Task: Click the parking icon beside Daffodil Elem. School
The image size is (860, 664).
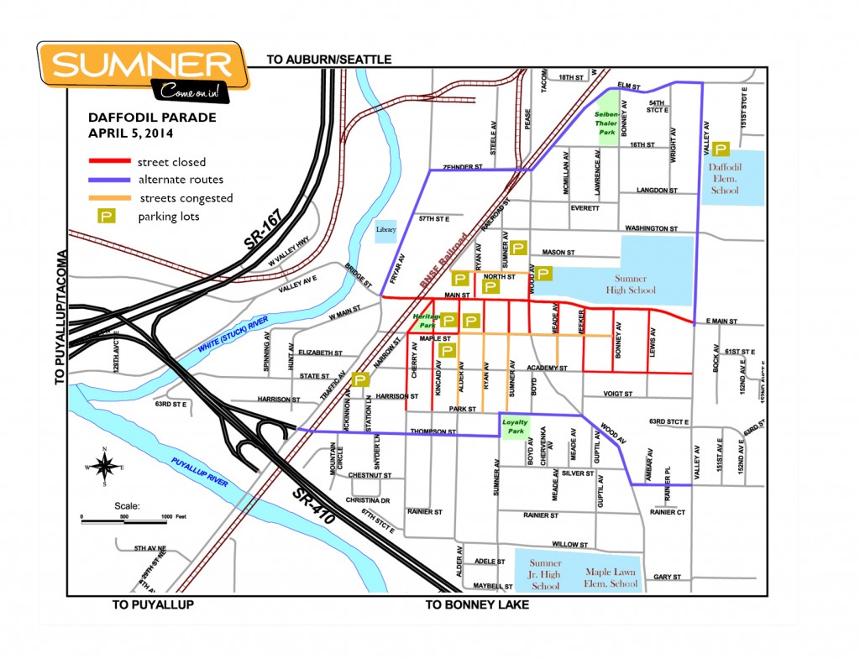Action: point(721,150)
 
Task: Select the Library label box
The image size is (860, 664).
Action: point(385,229)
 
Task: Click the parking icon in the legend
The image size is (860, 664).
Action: point(107,217)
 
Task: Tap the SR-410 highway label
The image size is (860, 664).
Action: point(315,504)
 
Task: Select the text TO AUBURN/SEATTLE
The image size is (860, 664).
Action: point(328,60)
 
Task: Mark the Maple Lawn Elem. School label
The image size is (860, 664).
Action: point(611,578)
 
